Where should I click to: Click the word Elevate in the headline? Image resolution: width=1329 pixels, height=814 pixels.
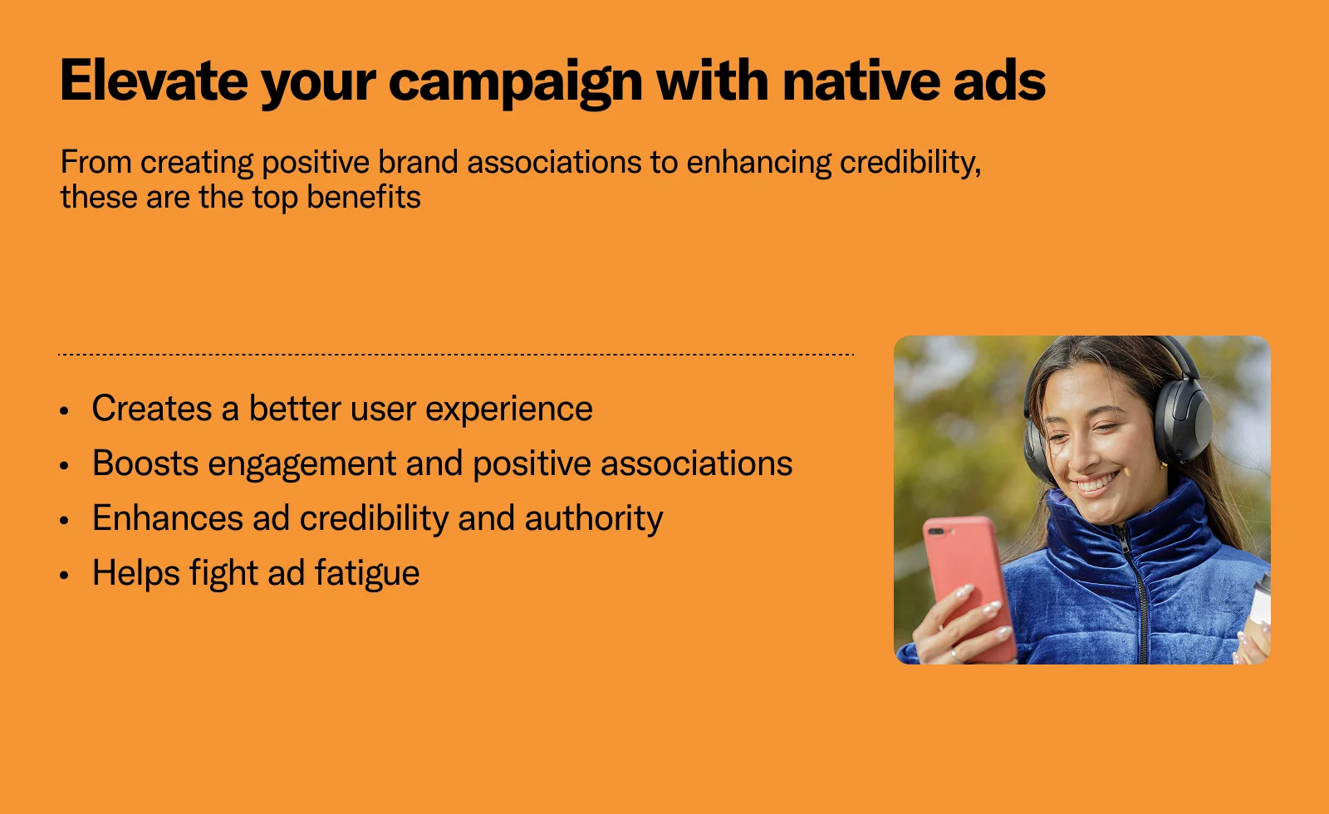[x=154, y=80]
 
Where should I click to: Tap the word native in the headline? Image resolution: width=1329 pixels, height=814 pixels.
[x=861, y=80]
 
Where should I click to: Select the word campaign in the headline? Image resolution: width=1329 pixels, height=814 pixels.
[x=516, y=84]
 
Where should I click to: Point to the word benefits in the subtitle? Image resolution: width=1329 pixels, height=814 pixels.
[x=364, y=197]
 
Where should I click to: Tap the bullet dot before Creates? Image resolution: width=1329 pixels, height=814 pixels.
[x=65, y=410]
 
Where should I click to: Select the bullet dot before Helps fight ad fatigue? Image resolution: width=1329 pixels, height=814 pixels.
[x=65, y=575]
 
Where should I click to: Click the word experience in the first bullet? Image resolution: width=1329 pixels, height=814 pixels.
[x=509, y=410]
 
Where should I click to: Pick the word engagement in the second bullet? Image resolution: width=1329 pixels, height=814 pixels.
[x=302, y=465]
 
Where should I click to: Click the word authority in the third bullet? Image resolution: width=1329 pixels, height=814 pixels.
[x=594, y=518]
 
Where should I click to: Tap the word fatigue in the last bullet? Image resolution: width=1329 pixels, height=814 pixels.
[x=366, y=574]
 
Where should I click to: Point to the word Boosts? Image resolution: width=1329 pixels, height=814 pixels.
[x=145, y=463]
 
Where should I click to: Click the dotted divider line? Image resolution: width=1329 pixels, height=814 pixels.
[x=456, y=354]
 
